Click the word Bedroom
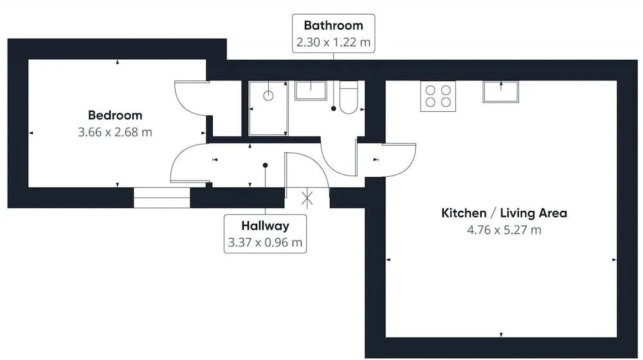(x=115, y=115)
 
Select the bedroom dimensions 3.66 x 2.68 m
(x=115, y=132)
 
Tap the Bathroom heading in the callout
(x=333, y=26)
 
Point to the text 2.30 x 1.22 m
(x=333, y=42)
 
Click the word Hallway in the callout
(x=265, y=226)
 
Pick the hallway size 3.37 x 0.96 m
(x=265, y=242)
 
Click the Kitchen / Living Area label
(x=504, y=213)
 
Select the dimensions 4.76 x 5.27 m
(x=504, y=230)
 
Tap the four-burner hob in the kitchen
(x=438, y=96)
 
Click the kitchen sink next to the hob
(x=501, y=91)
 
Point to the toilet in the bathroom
(x=349, y=98)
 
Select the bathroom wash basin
(x=311, y=91)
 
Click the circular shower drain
(x=268, y=96)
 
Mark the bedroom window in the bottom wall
(x=161, y=197)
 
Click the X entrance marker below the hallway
(x=307, y=199)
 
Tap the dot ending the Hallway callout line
(x=266, y=165)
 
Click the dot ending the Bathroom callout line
(x=333, y=109)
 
